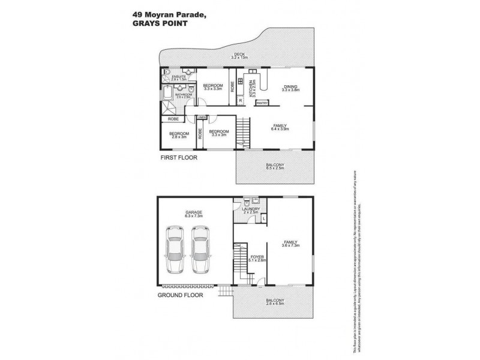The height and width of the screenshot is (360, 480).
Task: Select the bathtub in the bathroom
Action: click(166, 94)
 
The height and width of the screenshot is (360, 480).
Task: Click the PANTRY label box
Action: click(262, 103)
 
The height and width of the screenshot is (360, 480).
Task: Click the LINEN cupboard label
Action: click(202, 116)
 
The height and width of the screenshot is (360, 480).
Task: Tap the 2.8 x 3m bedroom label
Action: click(178, 134)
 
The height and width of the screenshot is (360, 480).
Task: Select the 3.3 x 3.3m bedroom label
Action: click(212, 87)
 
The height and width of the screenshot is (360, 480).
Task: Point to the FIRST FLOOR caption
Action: click(178, 158)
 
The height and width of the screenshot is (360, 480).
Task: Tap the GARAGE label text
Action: click(193, 212)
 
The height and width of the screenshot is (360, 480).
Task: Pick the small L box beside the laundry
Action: click(263, 219)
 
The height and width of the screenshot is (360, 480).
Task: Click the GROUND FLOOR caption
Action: click(181, 296)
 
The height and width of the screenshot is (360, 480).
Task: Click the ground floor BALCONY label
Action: click(274, 301)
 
